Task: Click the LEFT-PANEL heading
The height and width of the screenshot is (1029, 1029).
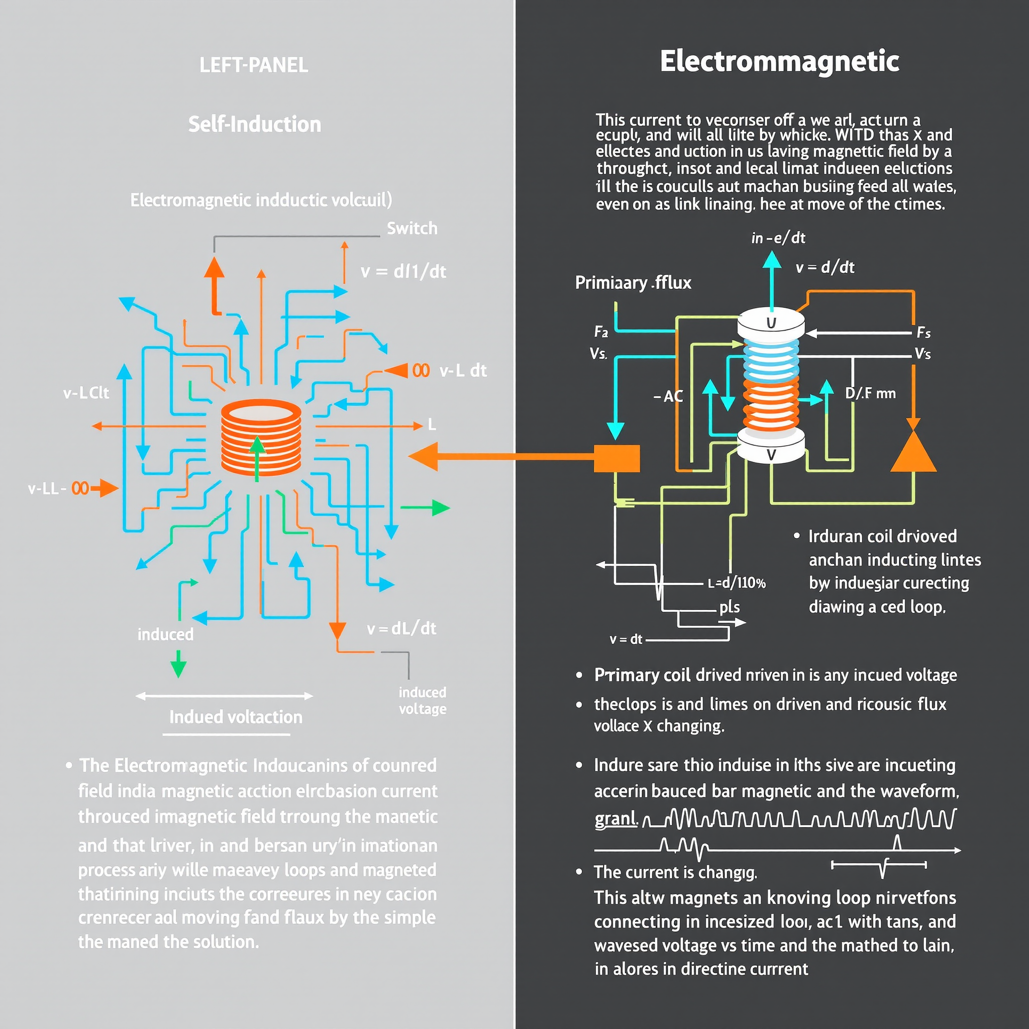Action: (254, 65)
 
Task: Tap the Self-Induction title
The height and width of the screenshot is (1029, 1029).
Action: (255, 124)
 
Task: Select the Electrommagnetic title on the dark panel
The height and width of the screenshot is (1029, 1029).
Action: (779, 61)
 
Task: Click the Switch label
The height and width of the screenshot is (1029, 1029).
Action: (411, 229)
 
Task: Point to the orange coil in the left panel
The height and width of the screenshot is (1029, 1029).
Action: (261, 437)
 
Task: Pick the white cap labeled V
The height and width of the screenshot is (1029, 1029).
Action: (771, 453)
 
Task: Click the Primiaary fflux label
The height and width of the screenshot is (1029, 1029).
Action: (633, 282)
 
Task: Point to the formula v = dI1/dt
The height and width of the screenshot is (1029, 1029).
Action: (403, 272)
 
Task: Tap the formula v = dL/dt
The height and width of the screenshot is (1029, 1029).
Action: (401, 629)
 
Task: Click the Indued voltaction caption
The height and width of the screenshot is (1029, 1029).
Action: (236, 717)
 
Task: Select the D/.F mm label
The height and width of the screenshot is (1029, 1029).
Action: (870, 393)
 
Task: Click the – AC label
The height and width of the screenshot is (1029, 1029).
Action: (668, 396)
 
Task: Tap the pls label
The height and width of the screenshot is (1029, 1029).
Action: (729, 607)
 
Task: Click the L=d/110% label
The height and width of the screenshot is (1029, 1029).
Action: (737, 583)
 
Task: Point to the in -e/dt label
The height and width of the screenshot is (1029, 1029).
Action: (778, 238)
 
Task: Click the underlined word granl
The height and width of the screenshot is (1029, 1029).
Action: (615, 818)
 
